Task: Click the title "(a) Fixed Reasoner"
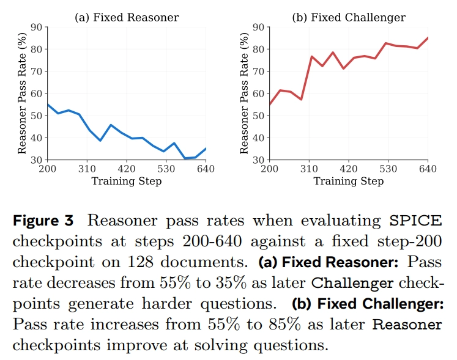[127, 17]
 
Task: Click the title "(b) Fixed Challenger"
[349, 17]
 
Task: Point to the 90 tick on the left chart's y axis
[36, 27]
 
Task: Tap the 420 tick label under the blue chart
[126, 169]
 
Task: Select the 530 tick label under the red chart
[388, 169]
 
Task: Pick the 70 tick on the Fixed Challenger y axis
[258, 72]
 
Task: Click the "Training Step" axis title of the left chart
[127, 182]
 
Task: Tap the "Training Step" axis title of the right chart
[349, 182]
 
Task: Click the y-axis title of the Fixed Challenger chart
[244, 94]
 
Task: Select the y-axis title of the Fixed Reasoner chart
[22, 94]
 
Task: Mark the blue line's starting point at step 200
[48, 105]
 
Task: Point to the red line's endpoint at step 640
[427, 38]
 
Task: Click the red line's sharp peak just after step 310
[311, 56]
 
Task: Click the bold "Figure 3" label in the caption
[43, 220]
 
